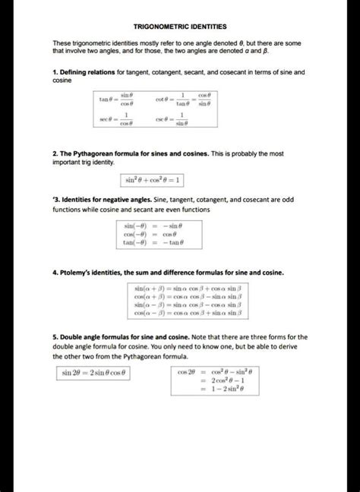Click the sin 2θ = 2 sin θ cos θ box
(x=94, y=373)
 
